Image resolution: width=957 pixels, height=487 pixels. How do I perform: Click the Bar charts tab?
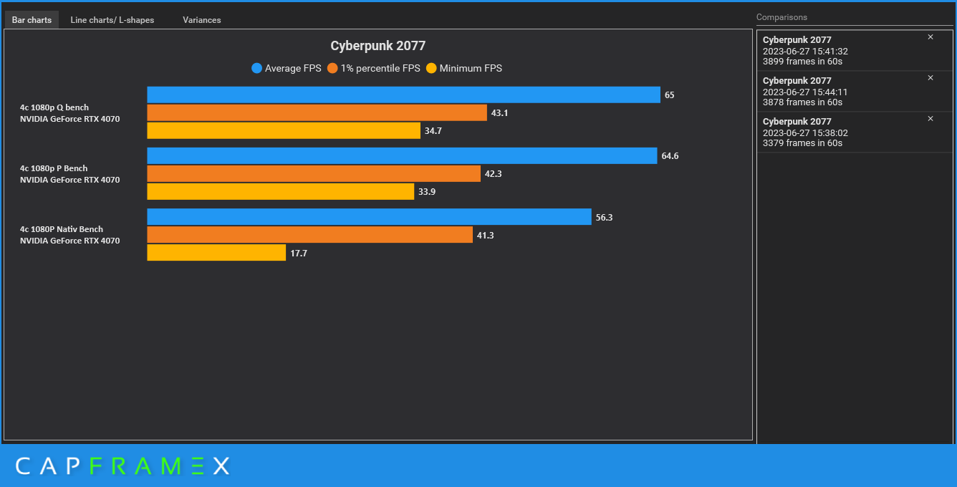(32, 20)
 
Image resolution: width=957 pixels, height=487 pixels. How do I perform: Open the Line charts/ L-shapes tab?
(112, 20)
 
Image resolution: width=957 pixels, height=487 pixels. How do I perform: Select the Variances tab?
(201, 20)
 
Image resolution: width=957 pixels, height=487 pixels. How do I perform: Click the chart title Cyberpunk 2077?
(377, 46)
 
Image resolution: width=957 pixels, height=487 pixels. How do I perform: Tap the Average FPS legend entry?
(286, 69)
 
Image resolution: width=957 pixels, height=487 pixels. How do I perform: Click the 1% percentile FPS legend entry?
(373, 69)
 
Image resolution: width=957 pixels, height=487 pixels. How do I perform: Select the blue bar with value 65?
(403, 95)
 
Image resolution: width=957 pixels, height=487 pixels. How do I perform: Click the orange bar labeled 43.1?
(317, 112)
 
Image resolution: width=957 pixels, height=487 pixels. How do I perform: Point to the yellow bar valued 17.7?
(216, 253)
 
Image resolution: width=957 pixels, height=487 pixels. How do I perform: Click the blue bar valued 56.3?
(369, 217)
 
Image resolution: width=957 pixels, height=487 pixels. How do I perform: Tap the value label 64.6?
(670, 156)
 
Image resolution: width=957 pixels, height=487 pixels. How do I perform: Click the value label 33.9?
(427, 192)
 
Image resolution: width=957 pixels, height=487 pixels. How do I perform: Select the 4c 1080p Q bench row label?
(54, 107)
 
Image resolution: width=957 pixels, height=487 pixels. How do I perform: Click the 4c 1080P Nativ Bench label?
(62, 229)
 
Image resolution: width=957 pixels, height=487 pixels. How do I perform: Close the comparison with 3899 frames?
(930, 37)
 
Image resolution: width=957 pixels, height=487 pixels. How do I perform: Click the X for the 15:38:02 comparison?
(930, 119)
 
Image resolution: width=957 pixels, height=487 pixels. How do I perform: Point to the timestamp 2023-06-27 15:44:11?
(805, 92)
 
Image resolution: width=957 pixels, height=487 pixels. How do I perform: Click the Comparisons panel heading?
(782, 17)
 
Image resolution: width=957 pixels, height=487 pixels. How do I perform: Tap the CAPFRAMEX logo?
(122, 466)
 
